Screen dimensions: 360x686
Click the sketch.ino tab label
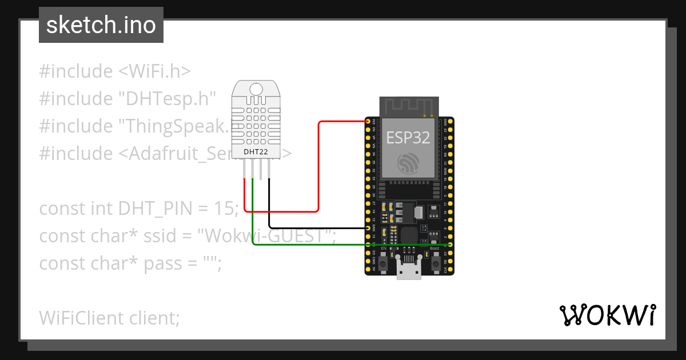click(101, 25)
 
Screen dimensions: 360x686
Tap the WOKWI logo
click(607, 315)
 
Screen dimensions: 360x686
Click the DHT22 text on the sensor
click(256, 151)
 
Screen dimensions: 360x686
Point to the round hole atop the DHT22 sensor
click(256, 89)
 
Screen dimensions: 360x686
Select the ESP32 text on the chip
click(408, 137)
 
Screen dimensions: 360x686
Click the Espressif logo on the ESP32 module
click(408, 165)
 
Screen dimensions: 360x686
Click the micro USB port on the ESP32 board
click(409, 269)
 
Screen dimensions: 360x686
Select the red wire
click(318, 171)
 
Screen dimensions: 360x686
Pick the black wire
click(314, 228)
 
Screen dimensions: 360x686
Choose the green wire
click(343, 245)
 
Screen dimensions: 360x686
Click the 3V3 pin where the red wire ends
click(369, 121)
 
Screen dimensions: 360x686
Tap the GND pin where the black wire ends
click(369, 228)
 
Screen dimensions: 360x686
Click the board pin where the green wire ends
click(450, 245)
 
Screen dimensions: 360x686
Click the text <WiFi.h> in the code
click(154, 71)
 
